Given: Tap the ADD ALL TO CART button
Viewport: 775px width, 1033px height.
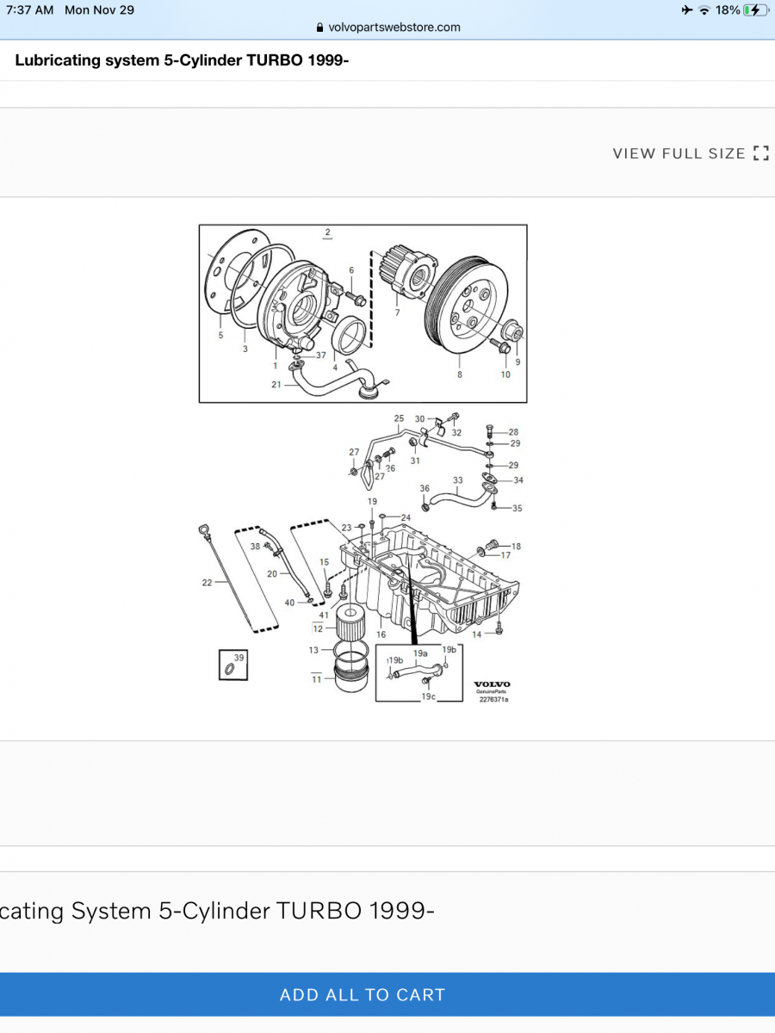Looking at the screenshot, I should coord(363,995).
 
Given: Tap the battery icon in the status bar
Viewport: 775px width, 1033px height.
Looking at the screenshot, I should coord(755,10).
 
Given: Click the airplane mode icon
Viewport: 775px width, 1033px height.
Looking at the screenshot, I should coord(685,10).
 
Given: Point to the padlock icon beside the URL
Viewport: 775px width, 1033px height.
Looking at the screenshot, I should coord(320,28).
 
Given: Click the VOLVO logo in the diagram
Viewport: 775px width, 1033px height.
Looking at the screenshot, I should coord(492,685).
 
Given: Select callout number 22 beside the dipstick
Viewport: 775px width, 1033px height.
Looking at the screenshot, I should coord(207,583).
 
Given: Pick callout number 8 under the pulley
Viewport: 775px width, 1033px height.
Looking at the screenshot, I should coord(460,374).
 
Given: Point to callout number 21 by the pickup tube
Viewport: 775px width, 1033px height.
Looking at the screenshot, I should coord(276,385).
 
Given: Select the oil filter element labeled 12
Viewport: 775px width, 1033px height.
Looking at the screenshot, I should coord(349,621).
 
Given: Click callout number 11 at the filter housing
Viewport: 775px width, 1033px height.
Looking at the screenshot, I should coord(316,679).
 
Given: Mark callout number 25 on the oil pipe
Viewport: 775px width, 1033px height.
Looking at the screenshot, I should coord(399,418).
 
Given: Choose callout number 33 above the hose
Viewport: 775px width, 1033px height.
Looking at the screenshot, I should coord(457,480).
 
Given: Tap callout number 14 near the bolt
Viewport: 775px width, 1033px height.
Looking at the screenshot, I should coord(476,634).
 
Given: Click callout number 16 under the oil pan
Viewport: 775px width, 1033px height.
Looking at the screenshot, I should coord(381,634).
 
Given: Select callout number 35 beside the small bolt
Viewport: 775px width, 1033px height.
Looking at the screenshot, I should coord(517,509).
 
